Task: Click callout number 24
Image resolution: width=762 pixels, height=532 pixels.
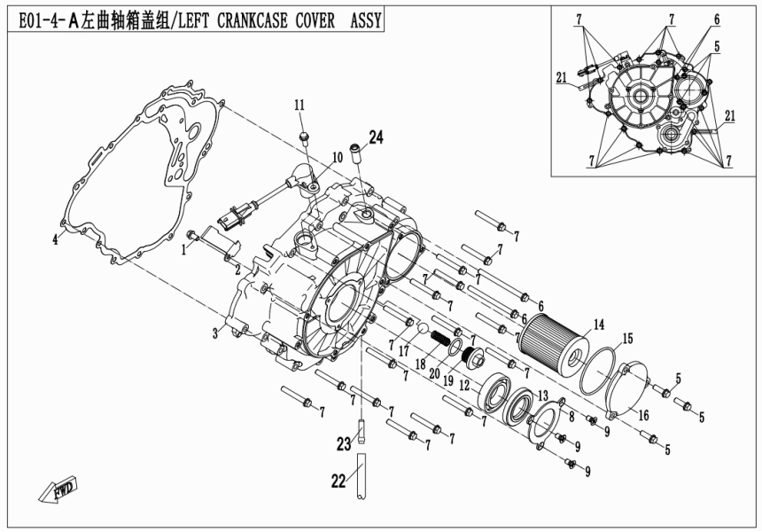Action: click(x=377, y=137)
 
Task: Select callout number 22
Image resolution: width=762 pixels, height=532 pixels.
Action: click(x=338, y=481)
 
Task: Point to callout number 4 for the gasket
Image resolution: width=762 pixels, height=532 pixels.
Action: click(x=54, y=239)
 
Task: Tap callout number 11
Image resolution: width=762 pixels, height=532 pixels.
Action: click(x=299, y=106)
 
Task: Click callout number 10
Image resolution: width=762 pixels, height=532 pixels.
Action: click(x=338, y=157)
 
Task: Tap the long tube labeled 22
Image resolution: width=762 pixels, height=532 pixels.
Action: click(x=363, y=476)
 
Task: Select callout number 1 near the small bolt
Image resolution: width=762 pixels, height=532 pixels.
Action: click(x=184, y=250)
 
